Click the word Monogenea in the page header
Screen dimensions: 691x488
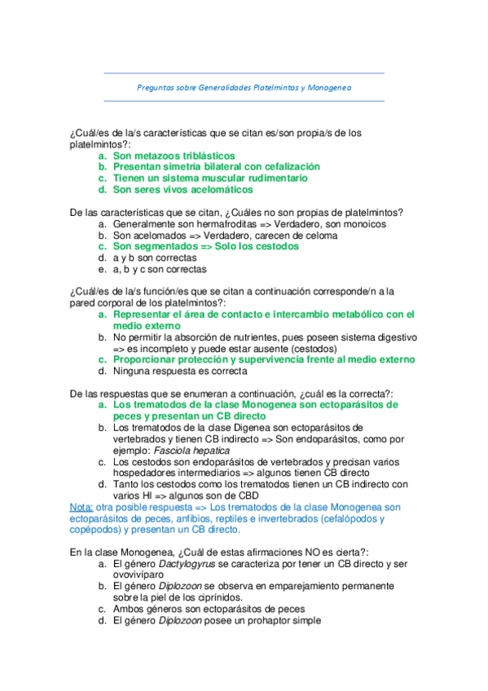(329, 86)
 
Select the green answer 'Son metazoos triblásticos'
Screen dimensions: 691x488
(174, 155)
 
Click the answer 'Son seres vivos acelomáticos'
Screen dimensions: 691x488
(182, 189)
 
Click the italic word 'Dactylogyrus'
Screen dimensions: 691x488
(187, 562)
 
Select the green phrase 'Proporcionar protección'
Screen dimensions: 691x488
(170, 359)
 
